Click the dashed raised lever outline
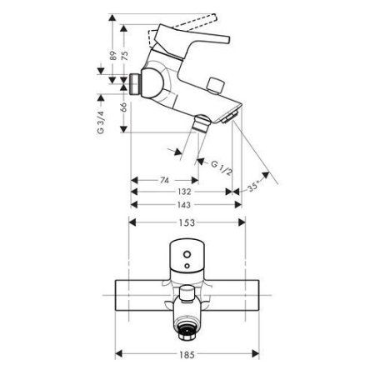(167, 31)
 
